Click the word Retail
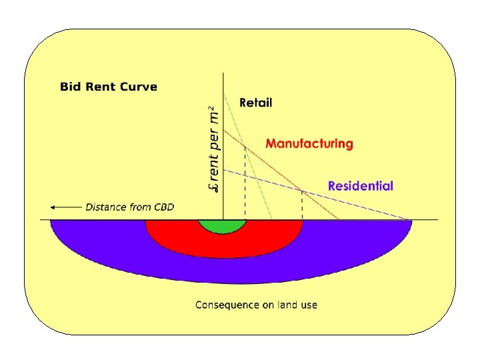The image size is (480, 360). [x=255, y=103]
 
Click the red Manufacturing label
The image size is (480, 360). [x=309, y=143]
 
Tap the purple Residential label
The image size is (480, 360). [x=360, y=186]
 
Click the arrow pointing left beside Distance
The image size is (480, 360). [x=65, y=207]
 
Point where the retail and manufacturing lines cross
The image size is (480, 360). [x=245, y=147]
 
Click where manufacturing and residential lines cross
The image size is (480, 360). [x=303, y=191]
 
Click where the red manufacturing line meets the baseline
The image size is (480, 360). [x=339, y=219]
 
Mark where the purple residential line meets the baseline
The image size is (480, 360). [x=411, y=219]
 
